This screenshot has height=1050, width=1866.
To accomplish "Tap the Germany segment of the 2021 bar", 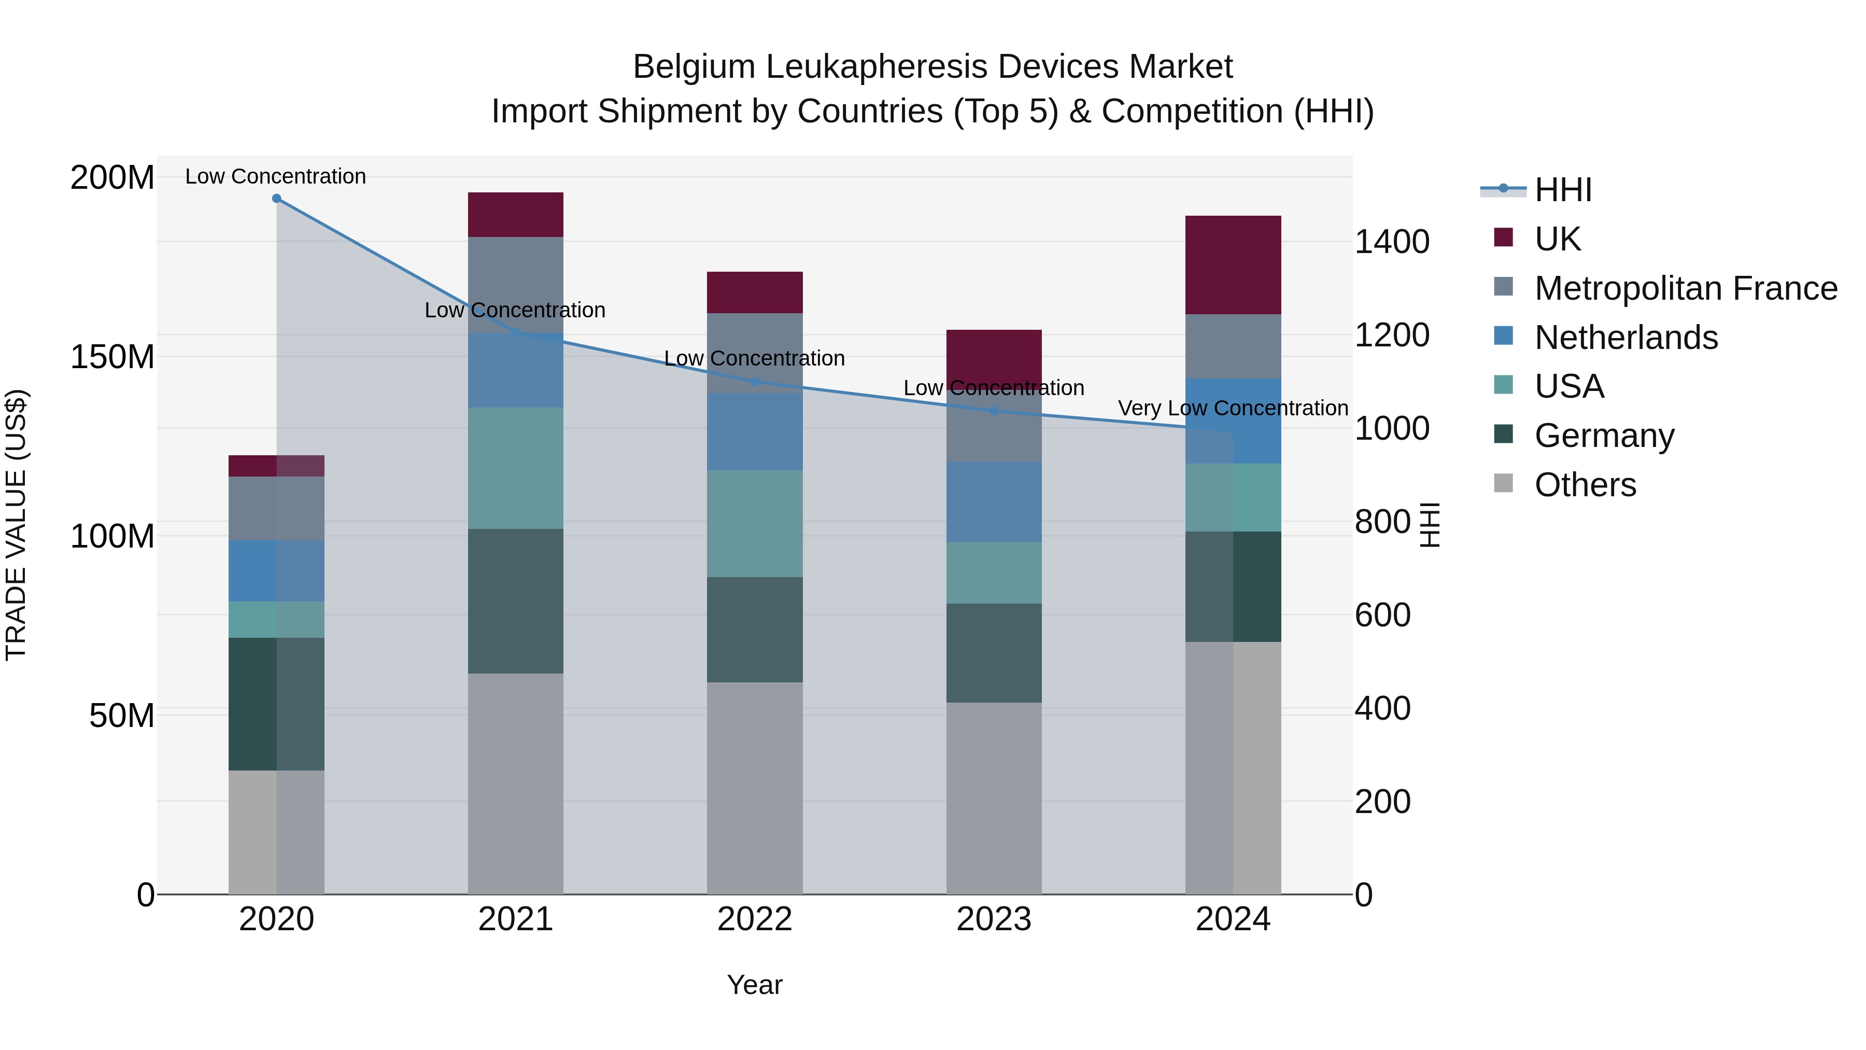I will pos(515,601).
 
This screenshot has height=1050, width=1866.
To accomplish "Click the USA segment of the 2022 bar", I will pos(754,523).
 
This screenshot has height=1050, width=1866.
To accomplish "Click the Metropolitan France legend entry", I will pos(1685,288).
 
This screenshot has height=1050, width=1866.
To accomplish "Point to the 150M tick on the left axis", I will pos(112,357).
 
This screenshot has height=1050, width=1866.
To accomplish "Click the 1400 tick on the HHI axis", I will pos(1392,242).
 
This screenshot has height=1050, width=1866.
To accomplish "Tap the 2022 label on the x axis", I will pos(754,919).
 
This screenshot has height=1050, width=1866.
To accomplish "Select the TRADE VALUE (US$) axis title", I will pos(16,525).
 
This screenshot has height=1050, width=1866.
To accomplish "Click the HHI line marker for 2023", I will pos(993,411).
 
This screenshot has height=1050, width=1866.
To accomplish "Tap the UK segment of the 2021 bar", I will pos(515,215).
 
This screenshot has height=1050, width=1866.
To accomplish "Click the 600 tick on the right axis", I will pos(1382,615).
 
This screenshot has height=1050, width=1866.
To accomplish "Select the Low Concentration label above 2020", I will pos(275,176).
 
